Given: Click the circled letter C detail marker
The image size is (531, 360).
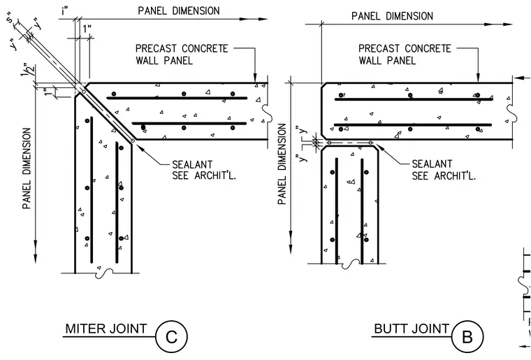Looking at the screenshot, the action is coord(171,337).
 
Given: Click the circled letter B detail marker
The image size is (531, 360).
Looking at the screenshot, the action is coord(467,337).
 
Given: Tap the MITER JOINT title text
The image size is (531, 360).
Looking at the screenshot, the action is coord(106,329).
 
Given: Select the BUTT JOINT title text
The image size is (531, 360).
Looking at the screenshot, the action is coord(412,329).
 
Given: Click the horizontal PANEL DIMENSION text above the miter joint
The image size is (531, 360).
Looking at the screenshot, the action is coord(178,11).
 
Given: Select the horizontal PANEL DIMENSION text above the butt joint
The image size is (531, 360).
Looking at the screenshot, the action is coord(392,16).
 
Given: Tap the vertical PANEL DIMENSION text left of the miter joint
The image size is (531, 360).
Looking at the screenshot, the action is coord(27,168).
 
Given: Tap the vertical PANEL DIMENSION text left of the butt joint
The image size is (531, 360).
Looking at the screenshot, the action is coord(282,164).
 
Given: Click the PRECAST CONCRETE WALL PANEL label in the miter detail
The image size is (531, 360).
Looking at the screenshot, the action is coord(182,55).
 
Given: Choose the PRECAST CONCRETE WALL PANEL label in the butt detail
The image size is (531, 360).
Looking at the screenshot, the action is coord(405,55).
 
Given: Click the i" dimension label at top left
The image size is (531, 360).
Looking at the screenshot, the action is coord(65,11).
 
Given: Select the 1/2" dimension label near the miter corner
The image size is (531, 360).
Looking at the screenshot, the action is coord(29,70).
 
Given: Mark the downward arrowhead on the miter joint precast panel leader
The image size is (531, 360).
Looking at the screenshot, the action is coord(255,77).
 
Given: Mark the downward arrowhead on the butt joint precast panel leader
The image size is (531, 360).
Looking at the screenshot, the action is coord(478,77).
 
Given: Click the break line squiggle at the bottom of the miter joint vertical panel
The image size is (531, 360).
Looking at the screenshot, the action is coord(104,273).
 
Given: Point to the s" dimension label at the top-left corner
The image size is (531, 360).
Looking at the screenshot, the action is coord(11,19).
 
